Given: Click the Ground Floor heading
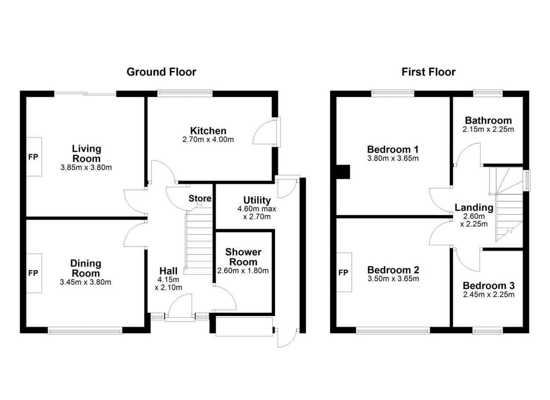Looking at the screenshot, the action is [x=161, y=72].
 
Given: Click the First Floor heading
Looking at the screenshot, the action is [x=428, y=72].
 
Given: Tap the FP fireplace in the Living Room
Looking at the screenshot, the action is [x=34, y=157].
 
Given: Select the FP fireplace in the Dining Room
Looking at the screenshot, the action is [x=34, y=273].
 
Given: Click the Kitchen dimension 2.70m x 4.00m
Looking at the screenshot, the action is [x=208, y=140].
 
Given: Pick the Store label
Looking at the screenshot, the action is [x=200, y=198].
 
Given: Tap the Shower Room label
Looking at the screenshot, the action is [x=243, y=257].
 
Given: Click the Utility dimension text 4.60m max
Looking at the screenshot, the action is [x=257, y=209].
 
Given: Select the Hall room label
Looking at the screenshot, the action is [x=168, y=271].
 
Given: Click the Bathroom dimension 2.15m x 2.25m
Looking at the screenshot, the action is [x=488, y=129].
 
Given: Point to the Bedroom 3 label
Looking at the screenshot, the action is [x=489, y=286].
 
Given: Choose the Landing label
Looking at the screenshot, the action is [x=474, y=208].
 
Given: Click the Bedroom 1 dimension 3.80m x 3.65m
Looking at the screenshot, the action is [x=393, y=159].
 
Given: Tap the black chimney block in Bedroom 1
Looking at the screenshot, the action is [x=343, y=171].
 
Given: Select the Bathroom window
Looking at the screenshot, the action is [x=488, y=92].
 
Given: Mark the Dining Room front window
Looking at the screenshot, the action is [x=85, y=330].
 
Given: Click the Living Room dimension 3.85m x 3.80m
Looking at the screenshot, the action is [x=86, y=168].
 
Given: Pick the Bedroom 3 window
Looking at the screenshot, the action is [x=488, y=330].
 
